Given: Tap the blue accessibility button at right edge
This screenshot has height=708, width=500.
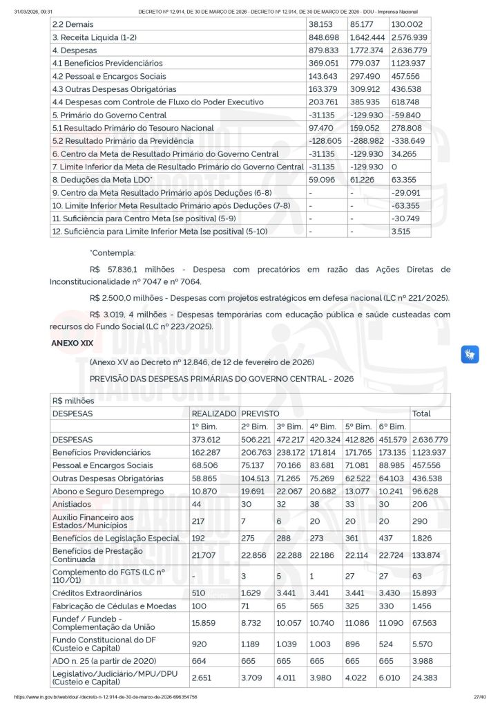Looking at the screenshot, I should pyautogui.click(x=470, y=355).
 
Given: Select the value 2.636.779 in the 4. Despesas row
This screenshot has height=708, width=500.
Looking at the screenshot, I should pyautogui.click(x=409, y=50).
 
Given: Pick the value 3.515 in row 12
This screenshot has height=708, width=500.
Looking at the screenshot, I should pyautogui.click(x=401, y=232).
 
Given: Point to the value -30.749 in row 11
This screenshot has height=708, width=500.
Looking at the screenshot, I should pyautogui.click(x=403, y=218).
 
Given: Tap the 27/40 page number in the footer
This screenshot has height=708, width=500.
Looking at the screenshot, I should pyautogui.click(x=479, y=697).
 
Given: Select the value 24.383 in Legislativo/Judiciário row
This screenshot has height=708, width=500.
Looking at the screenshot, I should pyautogui.click(x=425, y=677).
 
